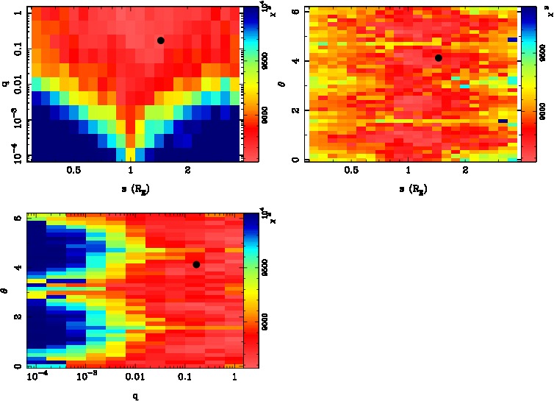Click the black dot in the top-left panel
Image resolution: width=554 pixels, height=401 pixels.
click(x=160, y=40)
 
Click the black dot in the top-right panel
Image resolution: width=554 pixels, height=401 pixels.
click(x=439, y=57)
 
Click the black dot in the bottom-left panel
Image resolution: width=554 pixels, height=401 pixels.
click(x=196, y=264)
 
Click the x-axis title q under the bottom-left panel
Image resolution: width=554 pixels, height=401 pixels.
click(x=136, y=396)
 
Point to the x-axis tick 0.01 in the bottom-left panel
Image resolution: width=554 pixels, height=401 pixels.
click(x=135, y=377)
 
